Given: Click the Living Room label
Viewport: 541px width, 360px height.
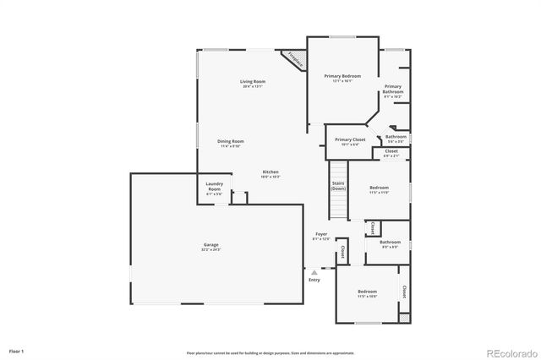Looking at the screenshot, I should tap(253, 82).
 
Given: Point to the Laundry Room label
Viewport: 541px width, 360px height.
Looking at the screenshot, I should tap(214, 189).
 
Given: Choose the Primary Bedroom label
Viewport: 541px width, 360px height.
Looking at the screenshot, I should tap(343, 76).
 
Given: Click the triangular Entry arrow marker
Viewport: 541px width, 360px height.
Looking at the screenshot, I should tap(314, 273).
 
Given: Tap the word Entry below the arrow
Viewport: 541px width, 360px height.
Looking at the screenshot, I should tap(314, 281).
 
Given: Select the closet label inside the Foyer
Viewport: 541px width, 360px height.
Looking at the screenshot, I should tap(342, 252).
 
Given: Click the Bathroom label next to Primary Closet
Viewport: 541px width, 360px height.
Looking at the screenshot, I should tap(396, 137).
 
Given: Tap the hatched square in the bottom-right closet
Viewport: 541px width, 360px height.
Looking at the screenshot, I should tap(404, 317).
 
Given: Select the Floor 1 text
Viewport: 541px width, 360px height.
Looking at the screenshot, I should tap(17, 350).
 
